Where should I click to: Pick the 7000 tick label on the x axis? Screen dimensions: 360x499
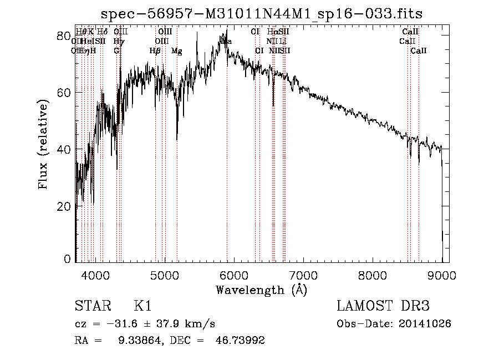click(x=303, y=273)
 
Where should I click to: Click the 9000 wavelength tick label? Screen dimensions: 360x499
click(x=442, y=273)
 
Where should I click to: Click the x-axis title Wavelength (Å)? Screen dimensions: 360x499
click(x=261, y=290)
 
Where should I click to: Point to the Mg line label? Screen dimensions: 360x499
click(x=176, y=51)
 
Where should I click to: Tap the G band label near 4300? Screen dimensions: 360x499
click(x=116, y=51)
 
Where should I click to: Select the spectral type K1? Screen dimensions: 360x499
click(x=142, y=306)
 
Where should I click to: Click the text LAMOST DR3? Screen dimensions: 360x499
click(x=383, y=306)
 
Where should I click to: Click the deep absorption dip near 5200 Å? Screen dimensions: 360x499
click(x=177, y=139)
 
